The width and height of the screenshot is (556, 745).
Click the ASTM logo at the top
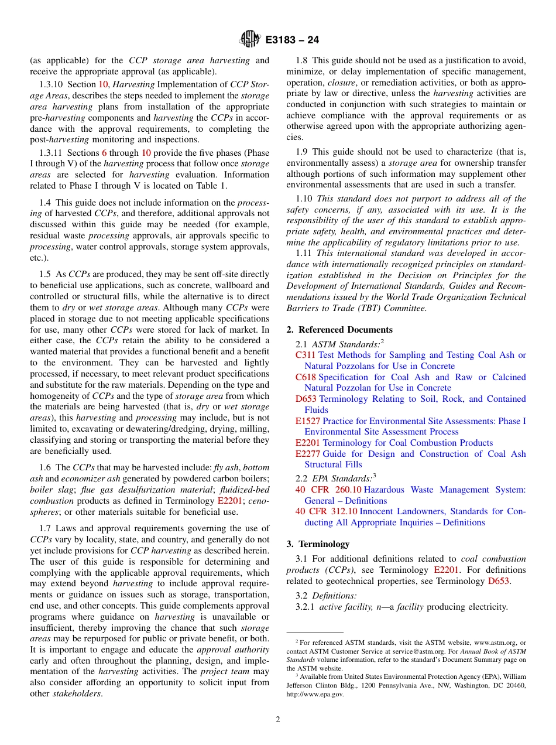(250, 40)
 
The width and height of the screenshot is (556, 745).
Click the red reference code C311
(306, 355)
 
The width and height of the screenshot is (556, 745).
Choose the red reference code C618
(306, 377)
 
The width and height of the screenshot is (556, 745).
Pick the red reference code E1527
(308, 421)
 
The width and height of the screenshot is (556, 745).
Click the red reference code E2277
(308, 454)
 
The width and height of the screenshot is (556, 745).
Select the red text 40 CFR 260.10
(326, 490)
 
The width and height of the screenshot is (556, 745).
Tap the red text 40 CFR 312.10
(326, 511)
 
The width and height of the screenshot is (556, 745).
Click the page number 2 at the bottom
(278, 720)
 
